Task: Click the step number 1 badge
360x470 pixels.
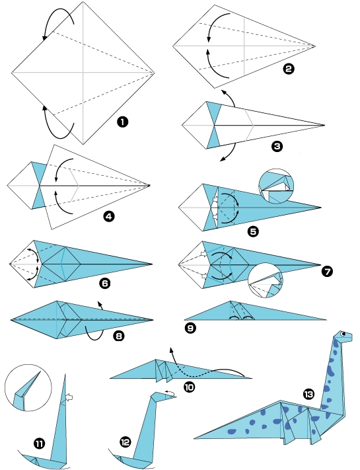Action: pos(122,122)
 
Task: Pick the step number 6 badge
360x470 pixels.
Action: pos(103,284)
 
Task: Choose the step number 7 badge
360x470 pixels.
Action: pos(325,272)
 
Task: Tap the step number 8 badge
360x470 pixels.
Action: pos(118,336)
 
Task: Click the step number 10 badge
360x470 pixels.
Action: pos(190,388)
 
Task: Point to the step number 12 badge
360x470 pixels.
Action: pos(126,442)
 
